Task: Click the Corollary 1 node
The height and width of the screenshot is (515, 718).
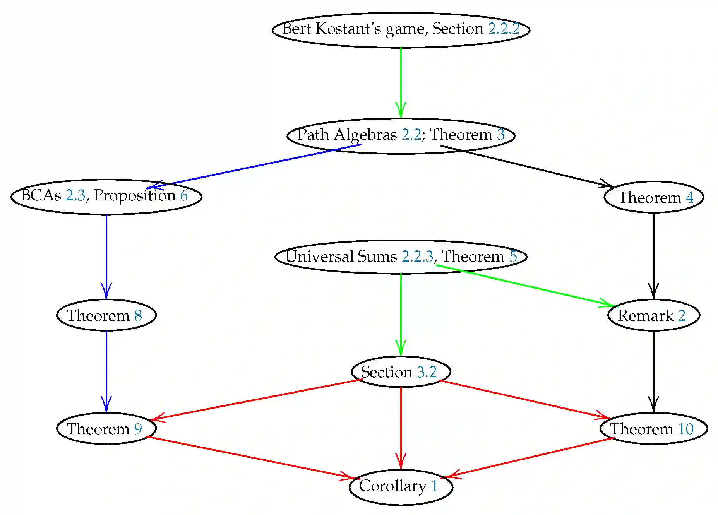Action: (401, 487)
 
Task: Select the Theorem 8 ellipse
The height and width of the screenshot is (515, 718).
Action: (106, 315)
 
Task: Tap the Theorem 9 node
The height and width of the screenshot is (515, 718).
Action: (106, 428)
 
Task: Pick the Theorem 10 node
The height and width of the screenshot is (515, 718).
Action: (653, 428)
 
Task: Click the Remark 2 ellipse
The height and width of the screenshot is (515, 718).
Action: (653, 315)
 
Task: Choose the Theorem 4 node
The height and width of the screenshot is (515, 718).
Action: (653, 197)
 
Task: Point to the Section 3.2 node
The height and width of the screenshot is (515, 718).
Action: (401, 371)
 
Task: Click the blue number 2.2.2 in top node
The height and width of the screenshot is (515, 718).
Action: (504, 29)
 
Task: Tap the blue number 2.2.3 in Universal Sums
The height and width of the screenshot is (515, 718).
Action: (417, 256)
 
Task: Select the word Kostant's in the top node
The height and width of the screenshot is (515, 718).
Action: (348, 29)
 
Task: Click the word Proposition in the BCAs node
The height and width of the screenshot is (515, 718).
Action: (135, 195)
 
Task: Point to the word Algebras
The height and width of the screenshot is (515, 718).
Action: (365, 135)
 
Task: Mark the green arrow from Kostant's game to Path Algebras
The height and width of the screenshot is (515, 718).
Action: (401, 81)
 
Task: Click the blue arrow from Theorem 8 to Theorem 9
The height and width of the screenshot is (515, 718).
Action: (106, 371)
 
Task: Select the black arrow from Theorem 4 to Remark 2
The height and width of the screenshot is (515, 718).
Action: (654, 255)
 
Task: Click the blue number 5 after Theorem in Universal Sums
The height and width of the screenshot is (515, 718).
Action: (513, 256)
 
